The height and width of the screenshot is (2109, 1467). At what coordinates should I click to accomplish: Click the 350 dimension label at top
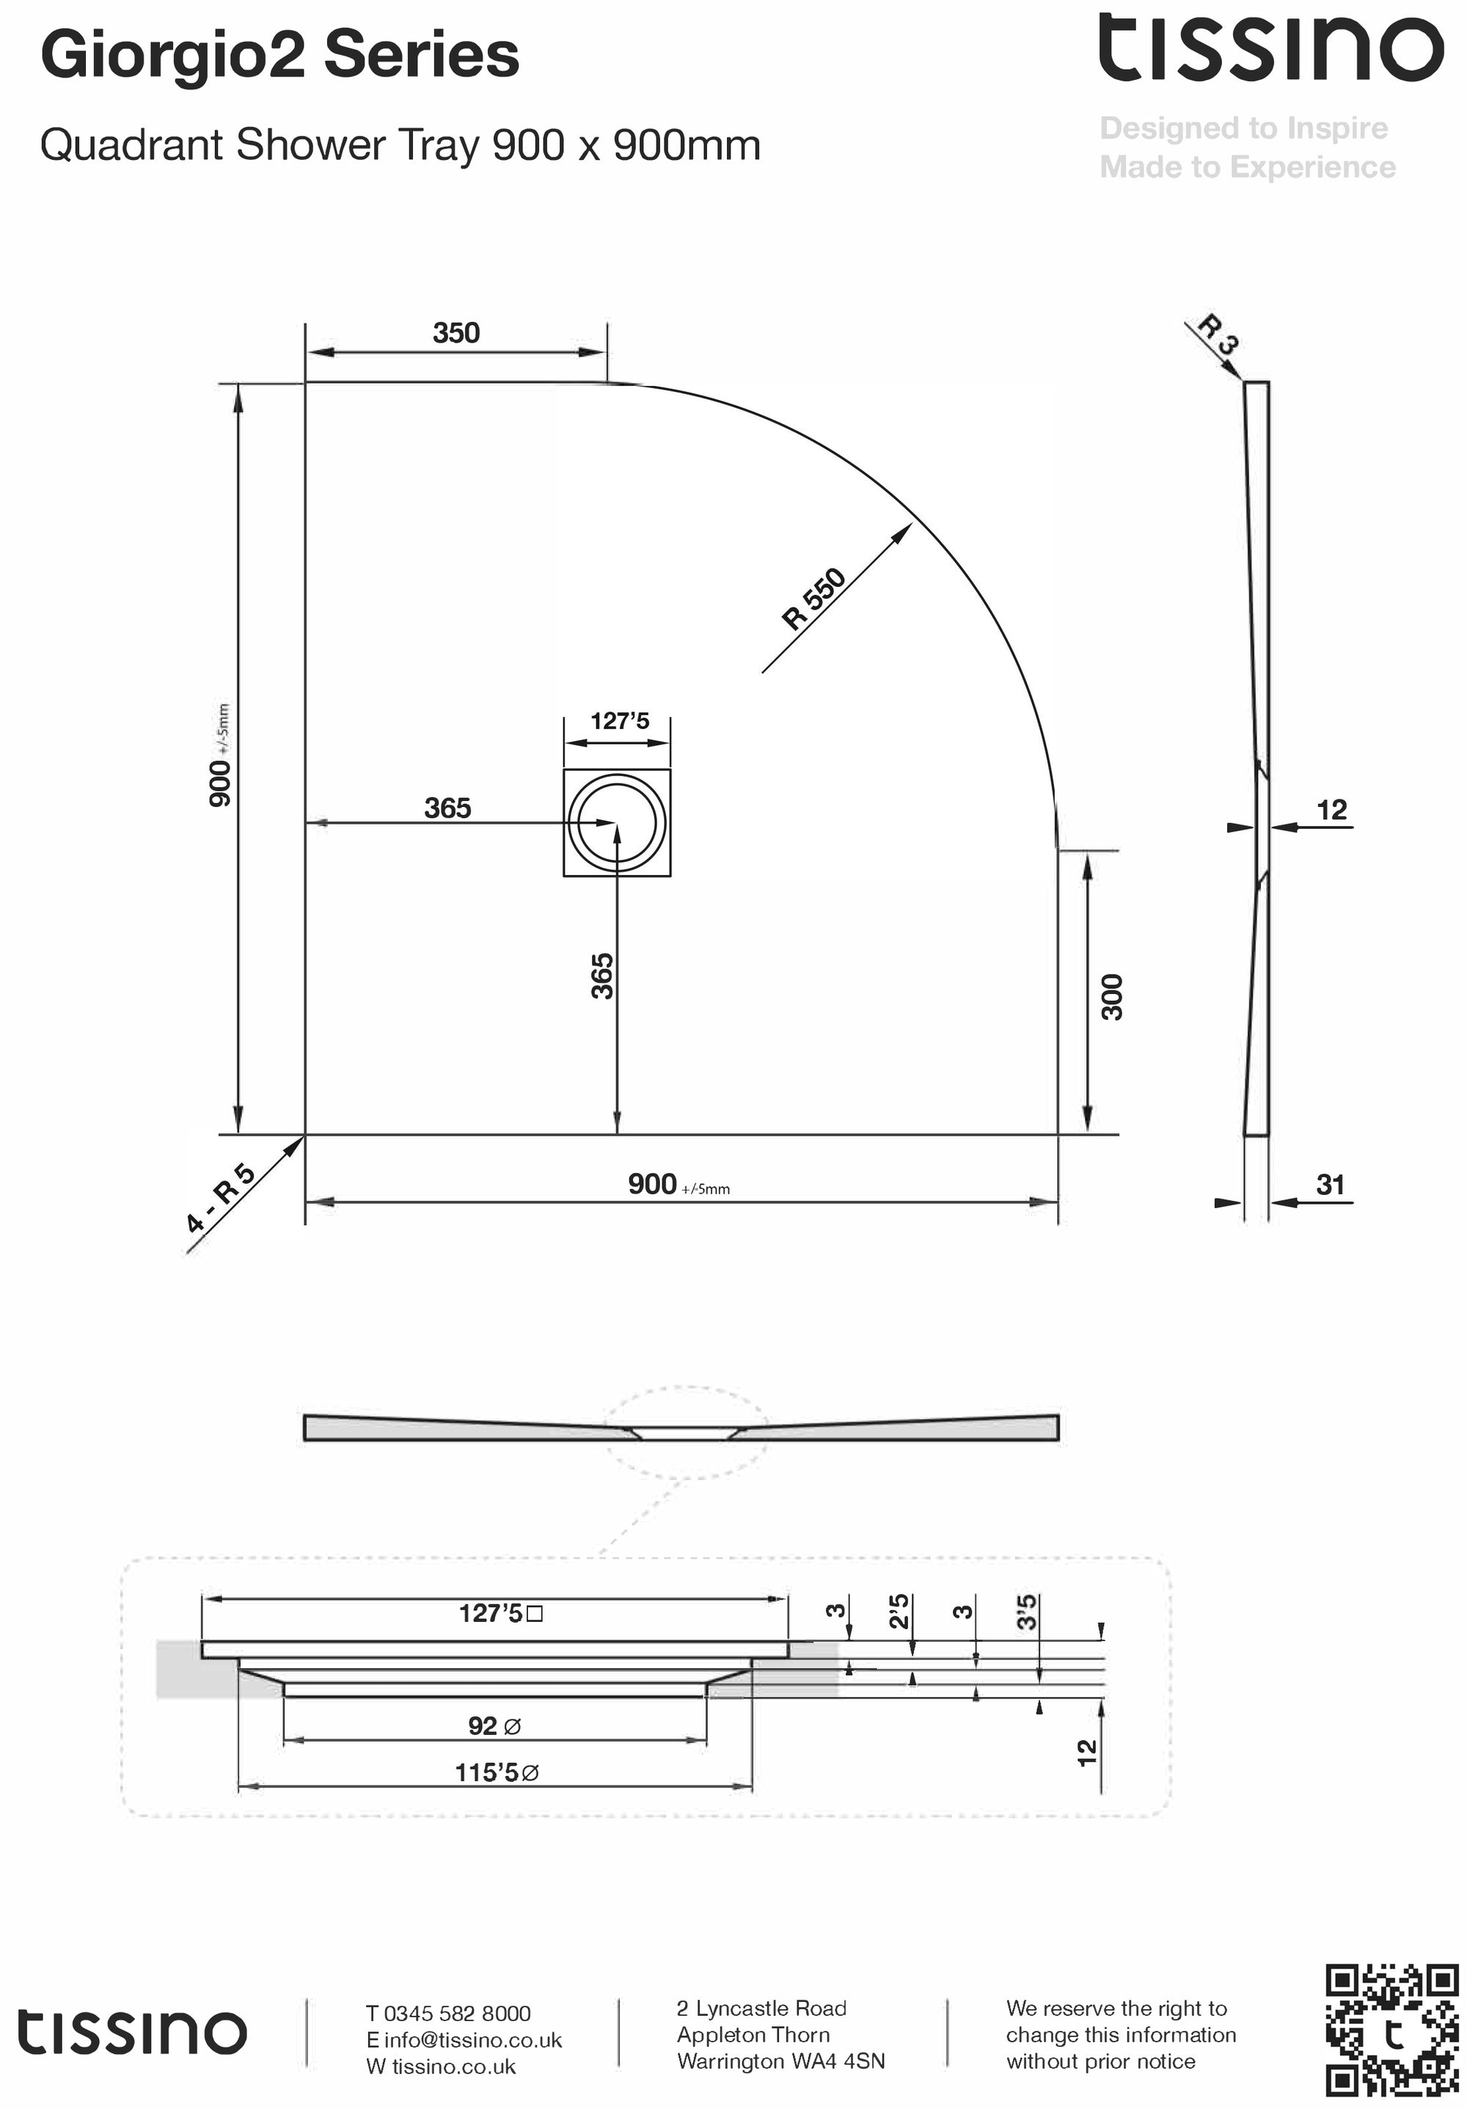456,332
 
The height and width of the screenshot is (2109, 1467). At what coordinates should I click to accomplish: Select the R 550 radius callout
813,599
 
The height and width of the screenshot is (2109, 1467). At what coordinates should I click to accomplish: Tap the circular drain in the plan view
616,822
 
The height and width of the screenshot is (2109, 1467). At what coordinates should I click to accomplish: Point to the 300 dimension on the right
1111,997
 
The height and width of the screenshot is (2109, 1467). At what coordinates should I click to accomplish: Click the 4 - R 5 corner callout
221,1199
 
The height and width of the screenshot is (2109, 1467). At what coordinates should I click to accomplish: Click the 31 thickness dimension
1330,1185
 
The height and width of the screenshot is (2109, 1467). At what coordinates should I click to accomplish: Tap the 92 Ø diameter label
494,1726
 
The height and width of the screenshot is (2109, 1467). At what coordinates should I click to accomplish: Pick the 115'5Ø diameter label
496,1772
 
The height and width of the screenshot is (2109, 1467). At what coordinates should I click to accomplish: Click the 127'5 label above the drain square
619,721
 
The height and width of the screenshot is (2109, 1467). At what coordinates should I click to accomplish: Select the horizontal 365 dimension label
447,808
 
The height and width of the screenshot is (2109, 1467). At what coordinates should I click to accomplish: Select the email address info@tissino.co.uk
472,2040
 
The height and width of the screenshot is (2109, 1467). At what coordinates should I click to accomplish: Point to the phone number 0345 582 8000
456,2014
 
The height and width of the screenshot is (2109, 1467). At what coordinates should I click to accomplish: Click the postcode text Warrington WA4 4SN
780,2061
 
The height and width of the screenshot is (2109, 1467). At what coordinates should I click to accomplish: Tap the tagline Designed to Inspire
1243,128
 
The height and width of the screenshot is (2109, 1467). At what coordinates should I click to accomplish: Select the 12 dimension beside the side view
1331,810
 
